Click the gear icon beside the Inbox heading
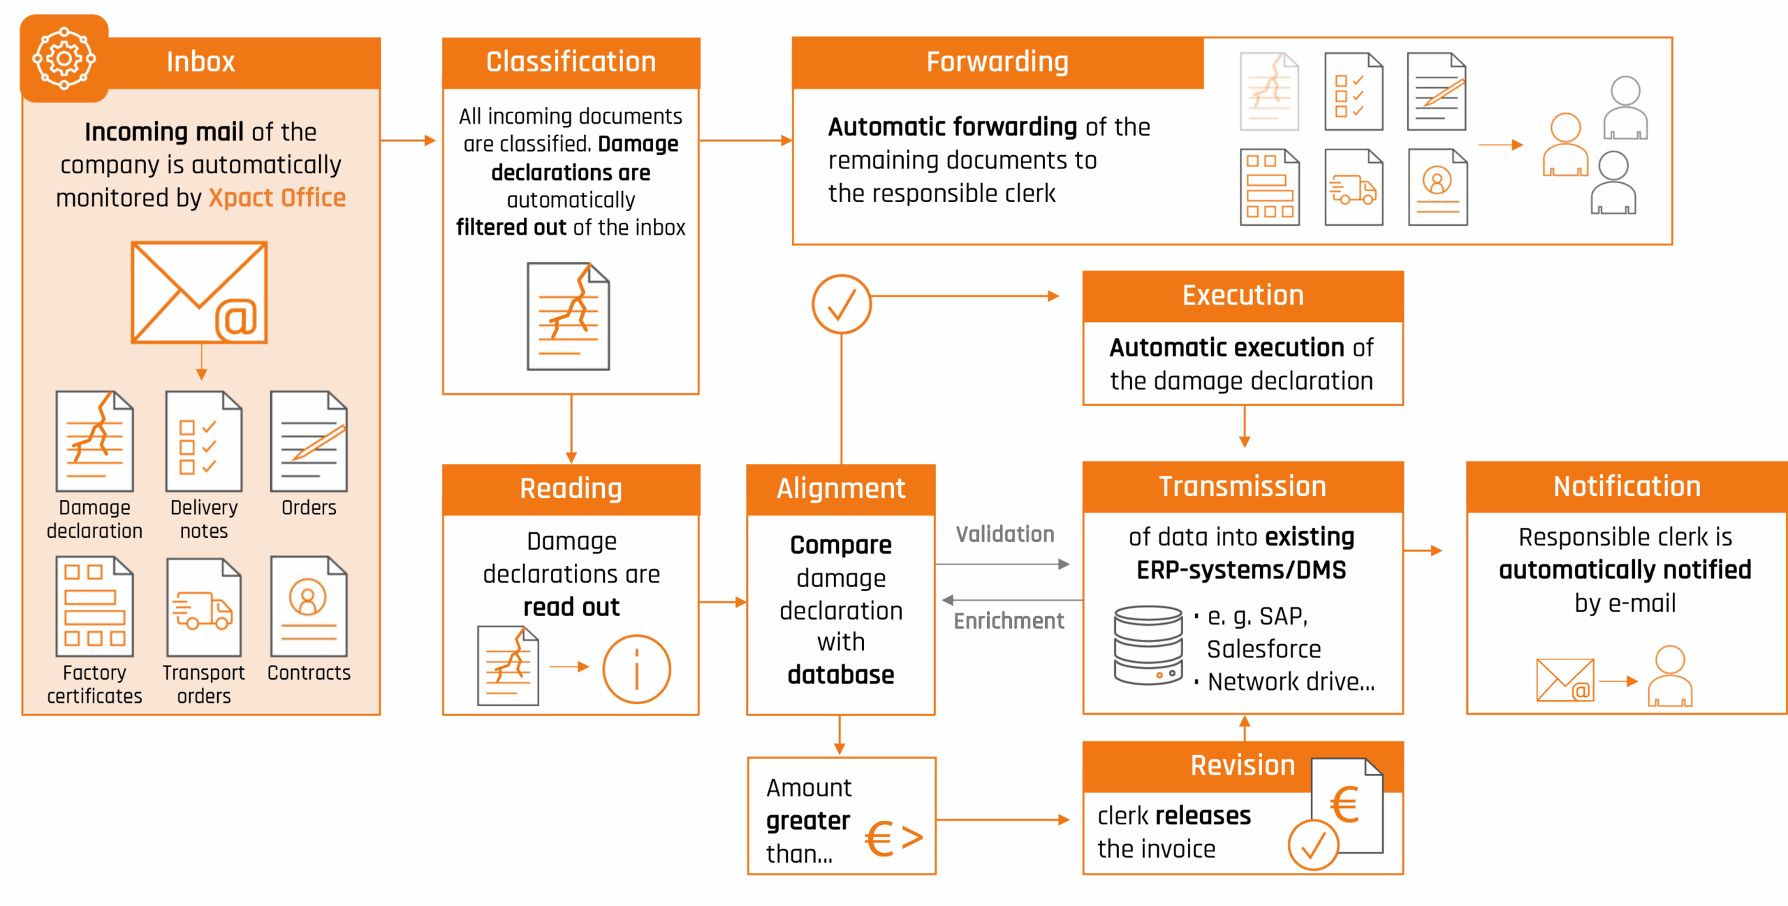coord(64,59)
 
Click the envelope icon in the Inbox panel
coord(199,293)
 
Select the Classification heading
coord(571,62)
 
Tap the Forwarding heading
coord(997,62)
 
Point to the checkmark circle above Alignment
coord(842,305)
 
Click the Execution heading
coord(1243,295)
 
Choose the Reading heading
coord(571,488)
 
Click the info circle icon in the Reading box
coord(636,668)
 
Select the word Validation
coord(1005,534)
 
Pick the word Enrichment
coord(1009,621)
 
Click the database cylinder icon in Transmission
coord(1148,645)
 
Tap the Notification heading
coord(1627,486)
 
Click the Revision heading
coord(1243,766)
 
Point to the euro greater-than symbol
coord(894,838)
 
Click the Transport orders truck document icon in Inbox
coord(203,607)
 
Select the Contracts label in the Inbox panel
coord(309,673)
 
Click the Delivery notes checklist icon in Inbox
coord(203,441)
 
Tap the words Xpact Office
coord(277,198)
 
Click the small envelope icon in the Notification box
coord(1564,680)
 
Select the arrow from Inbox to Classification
coord(409,141)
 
